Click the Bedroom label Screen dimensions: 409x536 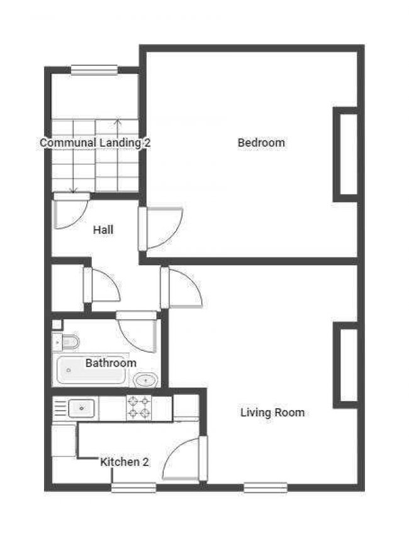click(261, 142)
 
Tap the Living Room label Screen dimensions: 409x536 click(272, 413)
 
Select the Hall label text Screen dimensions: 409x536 click(103, 230)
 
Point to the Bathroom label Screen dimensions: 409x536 click(111, 363)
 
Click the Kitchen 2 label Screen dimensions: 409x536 click(124, 462)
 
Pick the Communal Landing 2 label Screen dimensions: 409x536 click(95, 142)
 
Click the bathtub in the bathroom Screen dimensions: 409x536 click(91, 370)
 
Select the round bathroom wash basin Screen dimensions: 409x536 click(146, 380)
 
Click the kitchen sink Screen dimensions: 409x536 click(81, 408)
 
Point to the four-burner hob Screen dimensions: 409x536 click(139, 408)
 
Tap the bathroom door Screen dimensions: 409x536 click(137, 331)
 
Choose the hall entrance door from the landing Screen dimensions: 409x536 click(71, 210)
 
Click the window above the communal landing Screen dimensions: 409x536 click(94, 70)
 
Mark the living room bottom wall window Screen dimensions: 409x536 click(266, 488)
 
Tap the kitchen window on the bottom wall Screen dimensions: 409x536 click(133, 488)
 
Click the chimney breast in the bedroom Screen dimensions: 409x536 click(345, 154)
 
